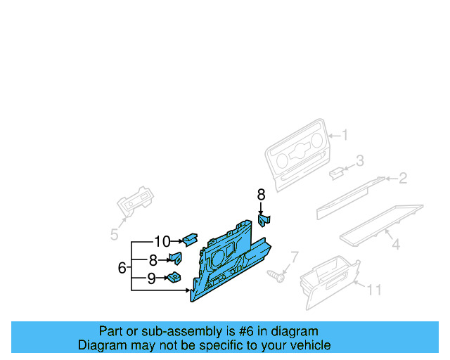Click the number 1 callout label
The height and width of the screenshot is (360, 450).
point(345,135)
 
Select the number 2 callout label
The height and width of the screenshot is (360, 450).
point(403,179)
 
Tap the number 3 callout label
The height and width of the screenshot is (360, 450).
point(360,161)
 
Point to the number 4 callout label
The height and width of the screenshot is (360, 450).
point(396,245)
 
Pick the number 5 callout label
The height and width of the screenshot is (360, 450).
point(114,235)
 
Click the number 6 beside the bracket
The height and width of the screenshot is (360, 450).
point(122,267)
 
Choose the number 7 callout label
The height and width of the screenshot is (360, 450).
point(295,257)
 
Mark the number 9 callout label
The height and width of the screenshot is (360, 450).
point(151,278)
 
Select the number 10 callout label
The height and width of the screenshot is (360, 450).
point(162,242)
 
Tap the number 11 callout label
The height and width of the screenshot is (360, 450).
point(374,289)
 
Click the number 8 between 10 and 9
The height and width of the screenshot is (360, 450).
point(153,260)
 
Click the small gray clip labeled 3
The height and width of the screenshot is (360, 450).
point(337,170)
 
